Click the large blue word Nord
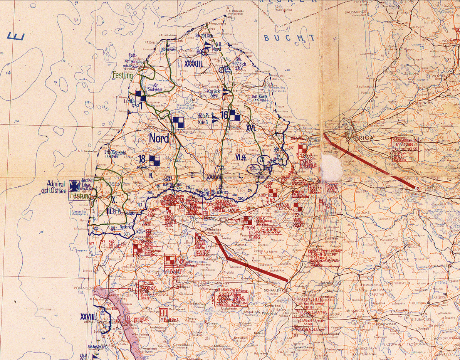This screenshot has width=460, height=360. pos(159,138)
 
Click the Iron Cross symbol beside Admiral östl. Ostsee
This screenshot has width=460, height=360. pos(73,186)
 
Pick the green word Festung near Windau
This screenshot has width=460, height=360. pos(123,75)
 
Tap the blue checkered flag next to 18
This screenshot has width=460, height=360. pos(154,161)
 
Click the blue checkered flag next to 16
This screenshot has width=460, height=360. pos(235,115)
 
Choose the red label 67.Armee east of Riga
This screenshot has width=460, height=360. pos(405,144)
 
